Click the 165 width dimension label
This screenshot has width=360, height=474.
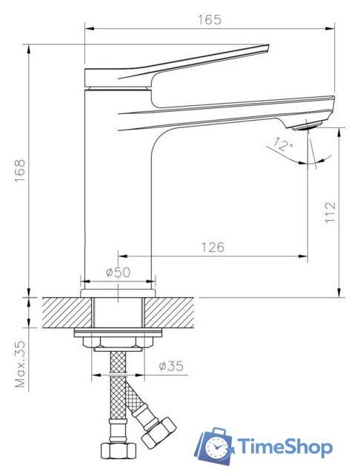click(210, 20)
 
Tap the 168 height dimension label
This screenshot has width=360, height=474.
click(20, 171)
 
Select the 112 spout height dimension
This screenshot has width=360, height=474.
click(330, 213)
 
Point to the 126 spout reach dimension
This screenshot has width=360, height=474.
click(213, 247)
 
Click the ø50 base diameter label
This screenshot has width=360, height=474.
click(119, 273)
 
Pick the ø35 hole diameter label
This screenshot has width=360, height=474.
click(171, 366)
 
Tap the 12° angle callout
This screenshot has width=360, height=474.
click(283, 144)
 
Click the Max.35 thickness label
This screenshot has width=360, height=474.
click(21, 364)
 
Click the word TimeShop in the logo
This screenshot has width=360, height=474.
click(284, 447)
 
